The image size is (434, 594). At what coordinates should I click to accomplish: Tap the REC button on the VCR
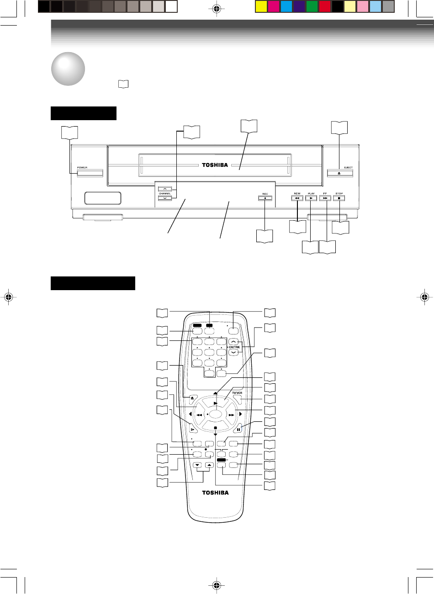265,198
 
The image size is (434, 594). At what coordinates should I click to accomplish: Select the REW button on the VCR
297,198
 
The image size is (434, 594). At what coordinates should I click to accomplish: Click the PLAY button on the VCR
311,198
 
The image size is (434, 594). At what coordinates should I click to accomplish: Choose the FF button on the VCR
325,198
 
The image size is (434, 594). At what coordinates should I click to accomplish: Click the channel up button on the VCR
164,188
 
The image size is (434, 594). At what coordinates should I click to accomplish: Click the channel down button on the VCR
164,198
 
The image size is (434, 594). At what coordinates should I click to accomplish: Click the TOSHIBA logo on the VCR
215,165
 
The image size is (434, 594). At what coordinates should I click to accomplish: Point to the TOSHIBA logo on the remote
215,493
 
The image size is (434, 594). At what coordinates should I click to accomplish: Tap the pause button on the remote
238,429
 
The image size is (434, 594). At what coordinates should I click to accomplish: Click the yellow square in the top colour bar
261,6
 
